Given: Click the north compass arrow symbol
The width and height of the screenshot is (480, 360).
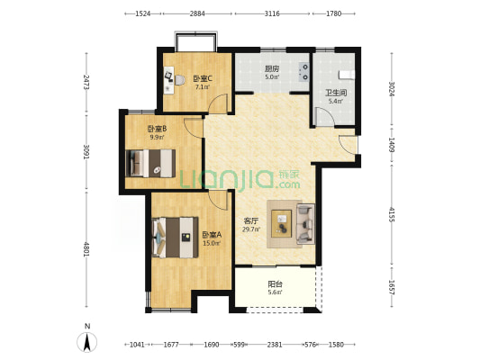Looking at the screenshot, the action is pyautogui.click(x=87, y=342).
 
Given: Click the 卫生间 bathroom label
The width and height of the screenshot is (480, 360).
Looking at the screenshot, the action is pyautogui.click(x=336, y=93).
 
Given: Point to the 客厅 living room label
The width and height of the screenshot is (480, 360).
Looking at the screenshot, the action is pyautogui.click(x=251, y=220).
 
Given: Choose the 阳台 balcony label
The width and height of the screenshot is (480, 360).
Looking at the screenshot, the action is pyautogui.click(x=276, y=284).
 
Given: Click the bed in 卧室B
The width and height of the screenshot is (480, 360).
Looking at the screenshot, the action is pyautogui.click(x=150, y=163).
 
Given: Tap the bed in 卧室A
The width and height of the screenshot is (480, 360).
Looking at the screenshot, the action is pyautogui.click(x=175, y=238).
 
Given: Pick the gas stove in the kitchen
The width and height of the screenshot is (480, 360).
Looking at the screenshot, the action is pyautogui.click(x=304, y=72).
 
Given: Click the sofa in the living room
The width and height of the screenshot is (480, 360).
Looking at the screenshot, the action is pyautogui.click(x=305, y=224).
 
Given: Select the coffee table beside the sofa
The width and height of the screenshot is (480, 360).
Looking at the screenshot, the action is pyautogui.click(x=281, y=223).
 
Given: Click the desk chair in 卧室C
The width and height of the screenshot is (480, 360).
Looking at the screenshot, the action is pyautogui.click(x=180, y=80).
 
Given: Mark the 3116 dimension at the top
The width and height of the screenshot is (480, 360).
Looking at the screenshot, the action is pyautogui.click(x=272, y=13).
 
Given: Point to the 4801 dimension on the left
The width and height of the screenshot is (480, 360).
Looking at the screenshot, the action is pyautogui.click(x=86, y=249).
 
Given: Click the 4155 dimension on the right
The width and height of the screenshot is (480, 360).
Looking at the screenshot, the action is pyautogui.click(x=392, y=214).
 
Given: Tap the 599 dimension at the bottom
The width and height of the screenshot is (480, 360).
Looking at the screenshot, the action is pyautogui.click(x=239, y=345).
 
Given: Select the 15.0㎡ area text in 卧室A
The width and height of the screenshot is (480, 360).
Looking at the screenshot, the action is pyautogui.click(x=212, y=244).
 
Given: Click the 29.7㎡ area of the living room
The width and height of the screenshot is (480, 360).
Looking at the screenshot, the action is pyautogui.click(x=251, y=229).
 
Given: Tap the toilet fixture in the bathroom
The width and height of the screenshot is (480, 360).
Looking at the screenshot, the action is pyautogui.click(x=347, y=75).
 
